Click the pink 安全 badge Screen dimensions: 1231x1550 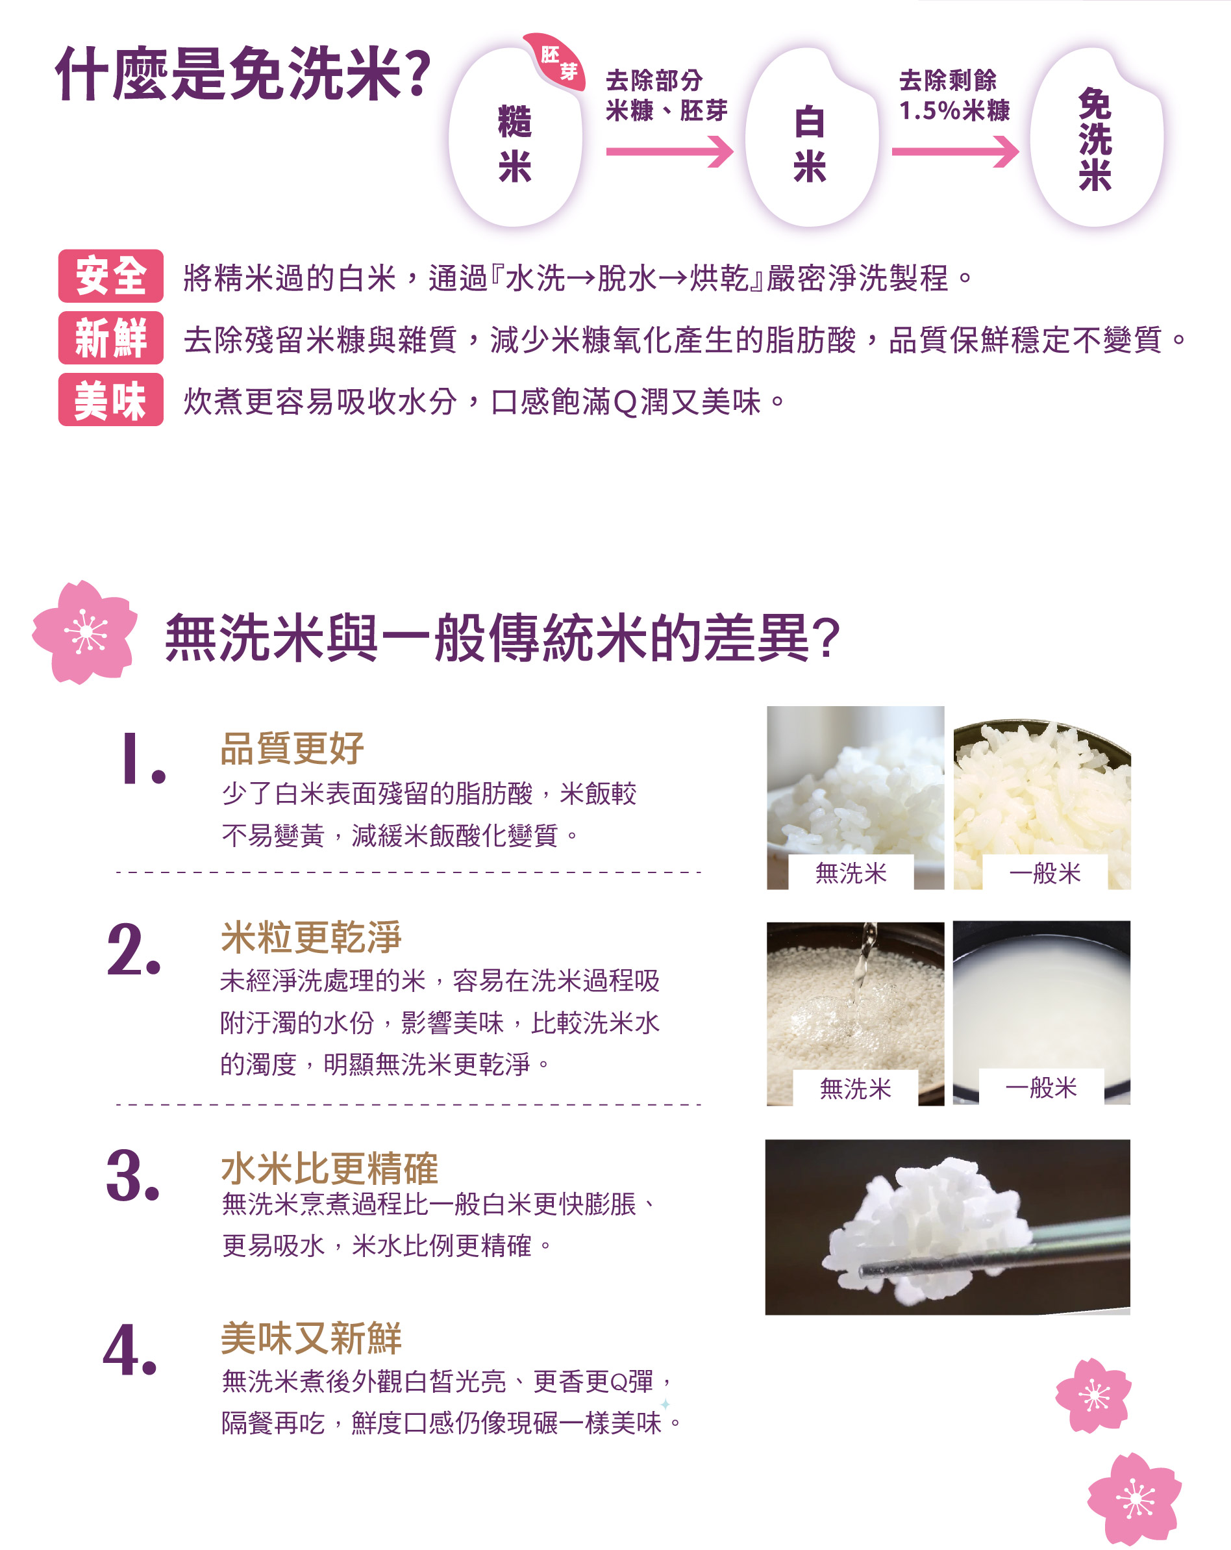[110, 276]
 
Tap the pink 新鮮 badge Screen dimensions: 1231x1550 [110, 338]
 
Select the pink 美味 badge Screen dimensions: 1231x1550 [110, 400]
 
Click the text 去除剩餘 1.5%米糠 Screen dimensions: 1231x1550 [954, 95]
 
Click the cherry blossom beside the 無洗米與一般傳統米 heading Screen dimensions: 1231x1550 [85, 632]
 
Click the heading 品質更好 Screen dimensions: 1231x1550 [292, 748]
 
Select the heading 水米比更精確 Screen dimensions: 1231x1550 [329, 1168]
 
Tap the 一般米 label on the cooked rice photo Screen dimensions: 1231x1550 [1045, 873]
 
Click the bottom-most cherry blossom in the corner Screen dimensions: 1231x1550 [1135, 1499]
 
